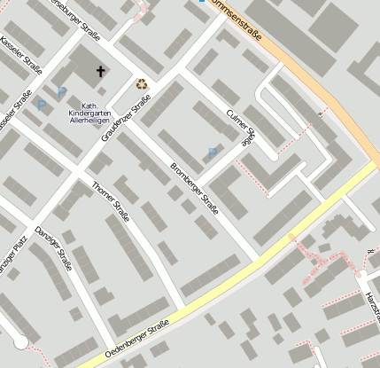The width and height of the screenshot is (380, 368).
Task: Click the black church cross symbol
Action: coord(100,71)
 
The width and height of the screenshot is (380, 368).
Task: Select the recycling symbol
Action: coord(142,84)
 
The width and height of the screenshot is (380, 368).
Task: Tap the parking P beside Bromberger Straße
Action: coord(211,154)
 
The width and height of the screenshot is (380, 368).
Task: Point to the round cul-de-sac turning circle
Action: coord(19,342)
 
